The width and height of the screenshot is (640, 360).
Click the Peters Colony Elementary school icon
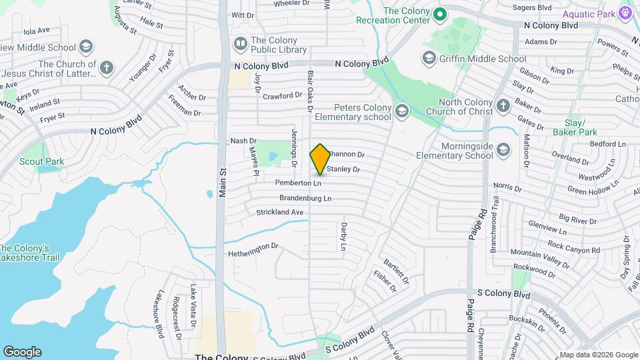tap(401, 110)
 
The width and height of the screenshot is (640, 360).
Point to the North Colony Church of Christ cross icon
tap(503, 105)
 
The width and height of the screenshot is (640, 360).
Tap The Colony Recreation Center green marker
tap(439, 13)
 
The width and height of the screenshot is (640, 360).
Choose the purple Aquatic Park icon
tap(625, 13)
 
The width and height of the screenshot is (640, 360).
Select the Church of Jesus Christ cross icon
tap(107, 67)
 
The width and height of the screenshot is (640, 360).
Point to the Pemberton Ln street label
tap(298, 183)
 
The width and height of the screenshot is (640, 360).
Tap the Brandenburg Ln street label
tap(305, 198)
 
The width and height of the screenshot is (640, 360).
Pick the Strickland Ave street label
tap(280, 212)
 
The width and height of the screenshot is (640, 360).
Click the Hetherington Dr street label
tap(253, 247)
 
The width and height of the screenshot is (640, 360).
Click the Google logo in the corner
tap(22, 351)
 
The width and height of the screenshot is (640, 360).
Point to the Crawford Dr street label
tap(282, 96)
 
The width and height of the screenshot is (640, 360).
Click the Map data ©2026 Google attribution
tap(598, 355)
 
